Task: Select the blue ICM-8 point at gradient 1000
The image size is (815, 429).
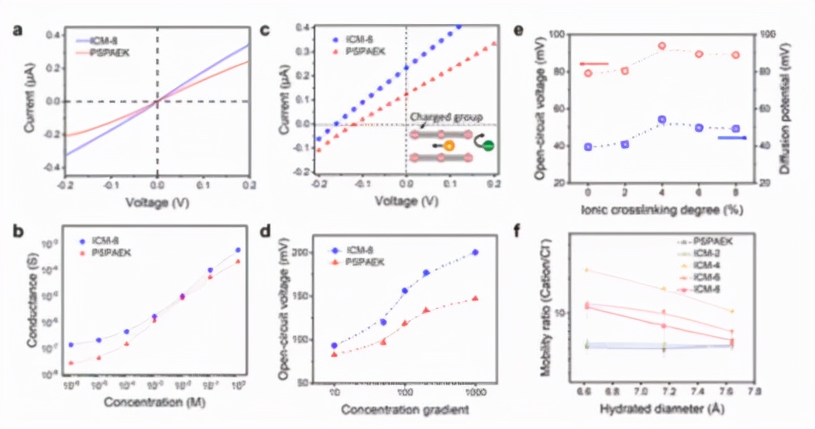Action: pyautogui.click(x=475, y=252)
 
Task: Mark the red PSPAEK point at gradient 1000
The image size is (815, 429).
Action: pyautogui.click(x=475, y=298)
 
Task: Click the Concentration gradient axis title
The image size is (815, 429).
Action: pyautogui.click(x=405, y=408)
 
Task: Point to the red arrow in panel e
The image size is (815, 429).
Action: pyautogui.click(x=594, y=63)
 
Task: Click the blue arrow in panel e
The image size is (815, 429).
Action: pyautogui.click(x=731, y=138)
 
